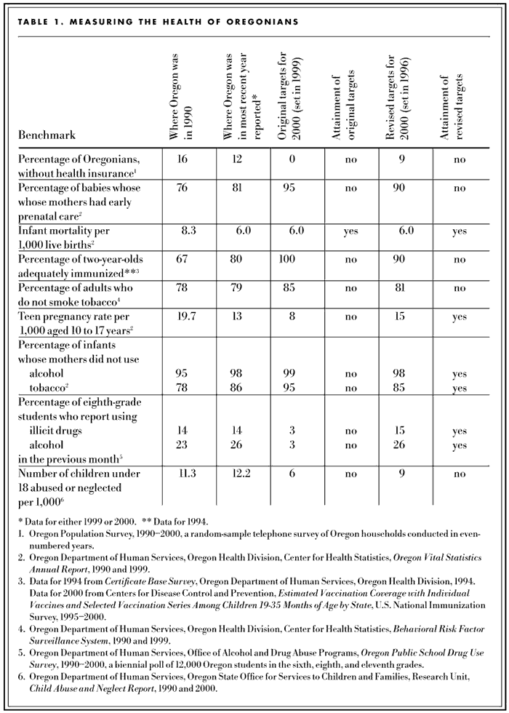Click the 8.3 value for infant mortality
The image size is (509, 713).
pos(190,229)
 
